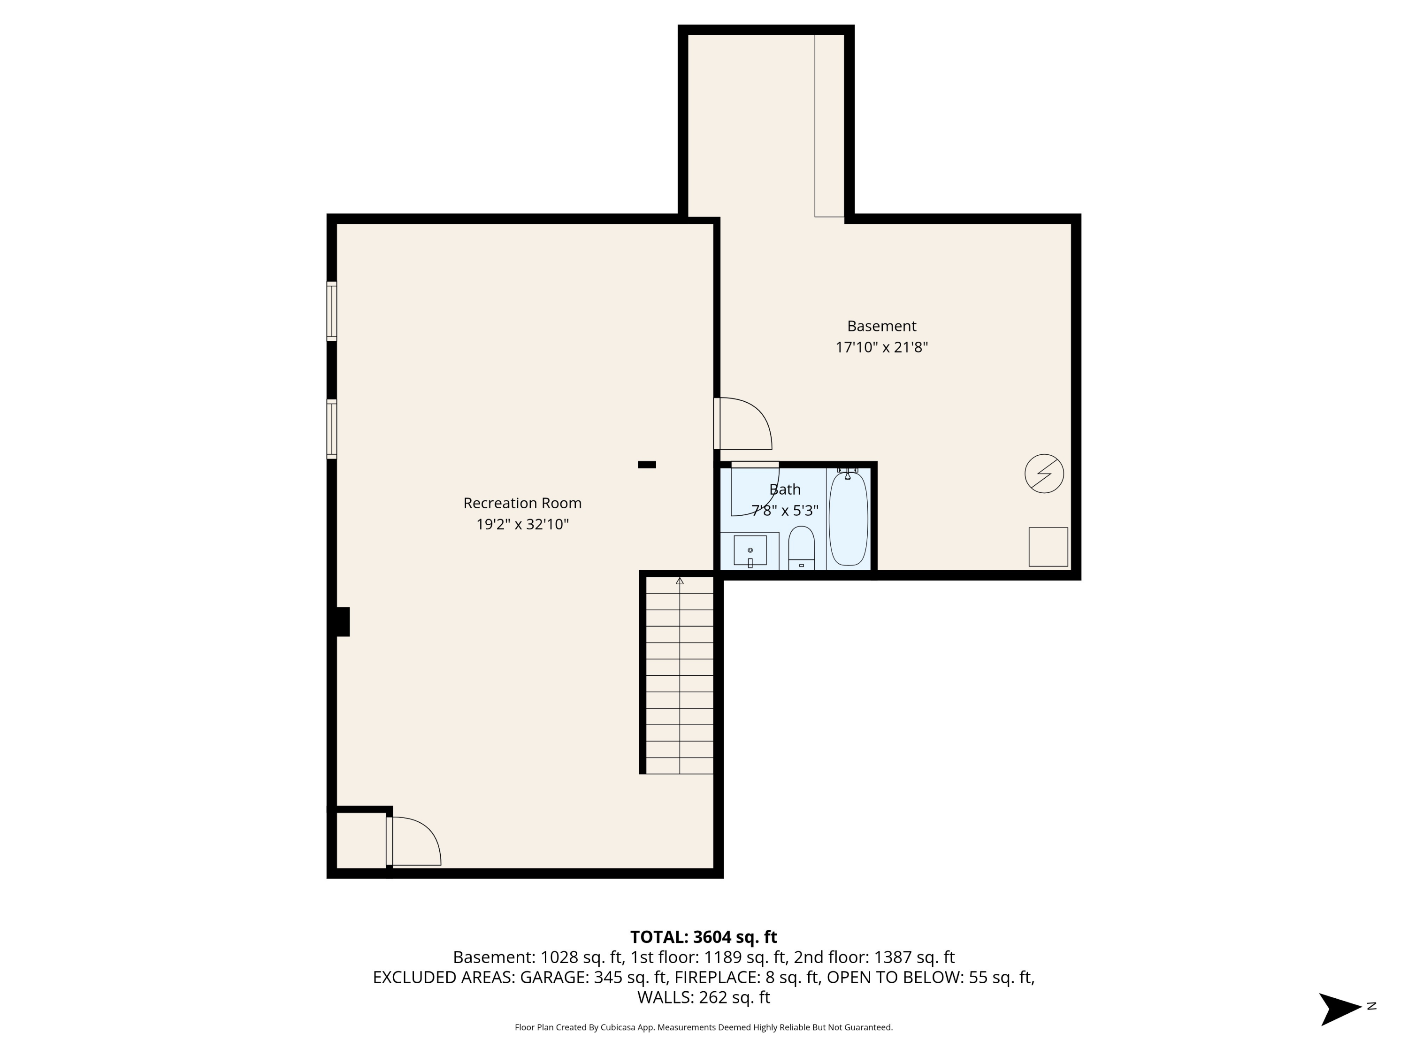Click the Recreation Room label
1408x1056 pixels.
click(522, 503)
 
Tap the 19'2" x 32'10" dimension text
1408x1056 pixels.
click(522, 525)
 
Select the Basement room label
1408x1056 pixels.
click(881, 326)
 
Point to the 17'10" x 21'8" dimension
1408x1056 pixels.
click(881, 348)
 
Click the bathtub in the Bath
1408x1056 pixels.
click(848, 518)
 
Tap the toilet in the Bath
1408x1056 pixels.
click(801, 547)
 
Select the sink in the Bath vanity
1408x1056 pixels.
click(750, 550)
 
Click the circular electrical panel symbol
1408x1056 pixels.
click(1044, 474)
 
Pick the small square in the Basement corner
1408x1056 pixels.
click(1048, 546)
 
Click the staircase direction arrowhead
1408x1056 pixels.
click(679, 581)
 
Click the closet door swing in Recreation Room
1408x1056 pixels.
click(414, 842)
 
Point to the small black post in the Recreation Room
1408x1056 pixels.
click(647, 465)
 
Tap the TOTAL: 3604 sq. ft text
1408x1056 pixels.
click(704, 937)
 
